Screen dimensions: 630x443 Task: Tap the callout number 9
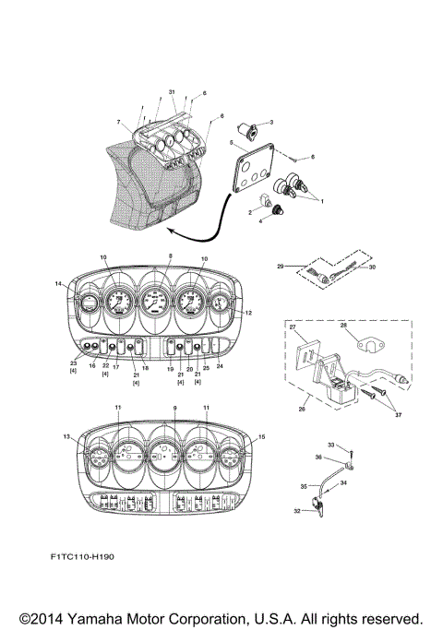click(174, 408)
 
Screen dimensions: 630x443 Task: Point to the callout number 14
click(59, 285)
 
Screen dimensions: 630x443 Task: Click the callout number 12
click(247, 314)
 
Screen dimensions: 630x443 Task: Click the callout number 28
click(343, 325)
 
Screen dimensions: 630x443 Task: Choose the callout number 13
click(66, 437)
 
